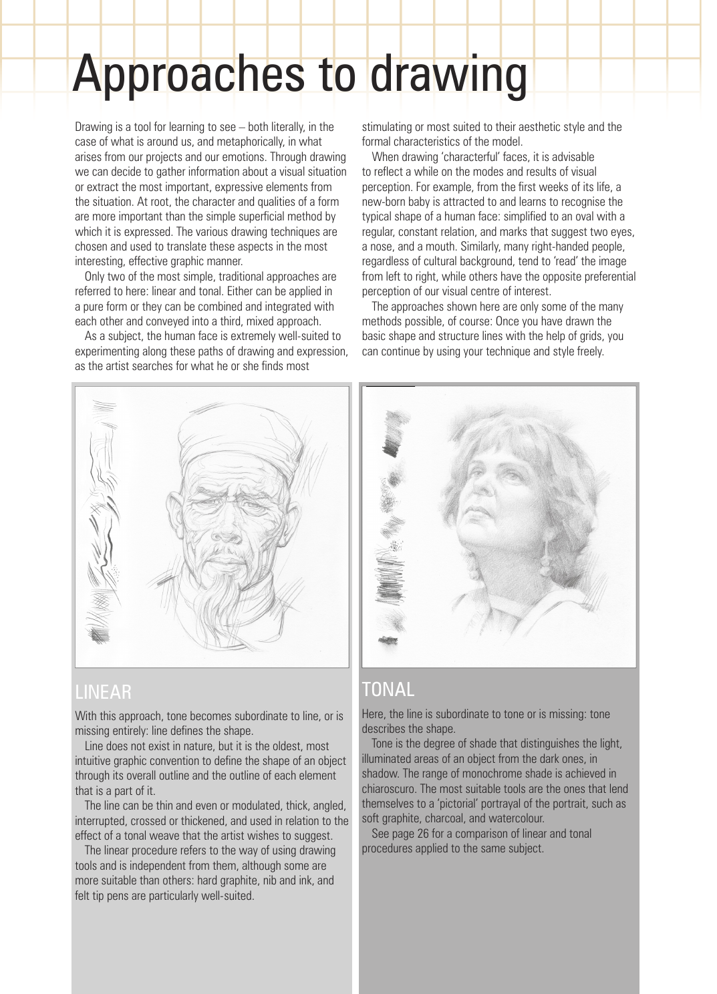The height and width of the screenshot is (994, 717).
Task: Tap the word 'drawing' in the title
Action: click(448, 75)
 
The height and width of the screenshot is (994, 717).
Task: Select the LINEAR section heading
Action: click(103, 691)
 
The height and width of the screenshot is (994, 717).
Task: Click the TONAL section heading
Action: click(388, 689)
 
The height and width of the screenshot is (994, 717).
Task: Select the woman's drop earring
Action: click(543, 561)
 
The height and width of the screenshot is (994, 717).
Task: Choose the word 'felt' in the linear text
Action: click(84, 896)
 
